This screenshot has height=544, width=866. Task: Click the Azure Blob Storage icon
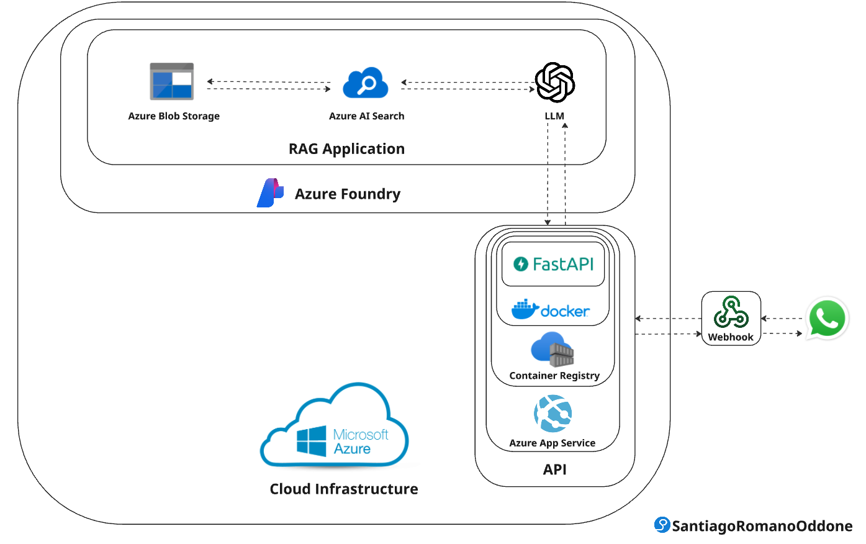coord(172,81)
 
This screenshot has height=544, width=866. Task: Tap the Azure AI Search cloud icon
coord(366,83)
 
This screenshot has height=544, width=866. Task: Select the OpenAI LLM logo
coord(554,82)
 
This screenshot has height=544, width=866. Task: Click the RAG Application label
coord(346,149)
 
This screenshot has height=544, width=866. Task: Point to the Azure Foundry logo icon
coord(270,193)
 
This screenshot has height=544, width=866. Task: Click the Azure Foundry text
coord(348,194)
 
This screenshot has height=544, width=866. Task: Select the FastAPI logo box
coord(553,265)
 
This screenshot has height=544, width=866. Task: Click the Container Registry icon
coord(553,349)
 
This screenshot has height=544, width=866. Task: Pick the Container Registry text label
coord(554,376)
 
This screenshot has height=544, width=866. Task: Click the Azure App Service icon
coord(553,414)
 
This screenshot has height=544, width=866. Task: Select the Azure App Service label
coord(552,443)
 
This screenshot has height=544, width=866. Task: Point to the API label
coord(554,469)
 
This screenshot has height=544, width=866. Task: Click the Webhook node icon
coord(731,312)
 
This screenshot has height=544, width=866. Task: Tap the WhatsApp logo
coord(827,319)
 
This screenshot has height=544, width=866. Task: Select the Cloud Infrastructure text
coord(344,489)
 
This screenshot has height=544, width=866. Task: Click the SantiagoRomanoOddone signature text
coord(762,526)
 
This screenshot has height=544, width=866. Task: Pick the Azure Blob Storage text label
coord(174,116)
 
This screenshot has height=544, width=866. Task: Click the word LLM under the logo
coord(554,116)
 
